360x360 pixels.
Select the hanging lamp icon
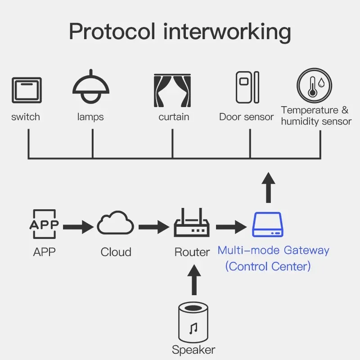coord(91,88)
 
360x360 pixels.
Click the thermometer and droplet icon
coord(314,86)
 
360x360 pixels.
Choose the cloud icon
coord(116,224)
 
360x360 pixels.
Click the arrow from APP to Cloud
coord(79,226)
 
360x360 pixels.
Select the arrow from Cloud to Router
coord(154,226)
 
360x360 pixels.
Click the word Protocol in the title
coord(111,32)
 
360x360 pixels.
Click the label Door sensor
coord(246,117)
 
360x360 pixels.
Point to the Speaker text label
coord(193,350)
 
